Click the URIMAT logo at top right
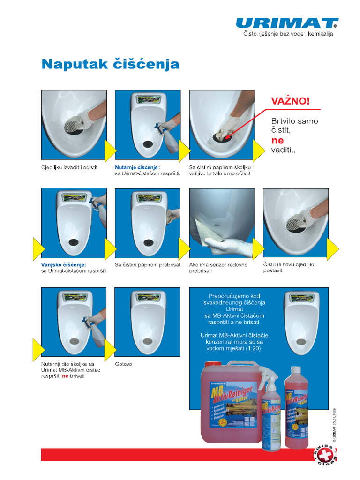[287, 23]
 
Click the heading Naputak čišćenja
[111, 64]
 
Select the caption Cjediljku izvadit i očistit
[69, 167]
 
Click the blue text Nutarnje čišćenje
[138, 167]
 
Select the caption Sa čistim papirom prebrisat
[148, 265]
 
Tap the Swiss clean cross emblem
[324, 457]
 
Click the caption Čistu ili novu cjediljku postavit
[289, 268]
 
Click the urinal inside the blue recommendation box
[302, 322]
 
